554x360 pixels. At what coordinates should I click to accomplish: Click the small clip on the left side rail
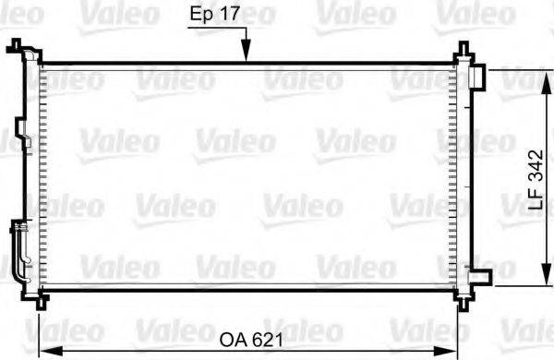pos(27,144)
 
